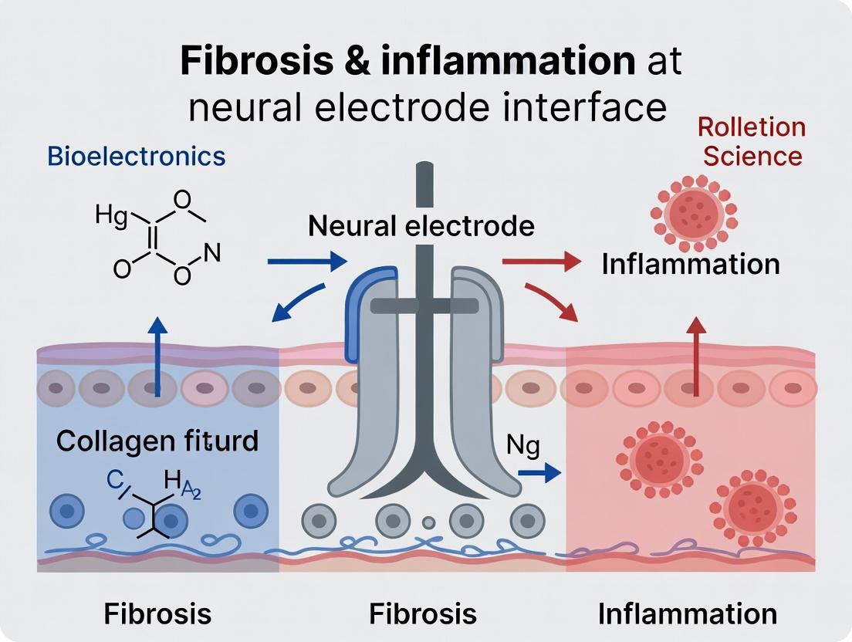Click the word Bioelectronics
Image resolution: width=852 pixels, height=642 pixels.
[x=136, y=156]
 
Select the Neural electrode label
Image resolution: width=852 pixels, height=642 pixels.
[x=421, y=226]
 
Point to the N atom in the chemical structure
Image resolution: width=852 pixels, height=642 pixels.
[x=212, y=252]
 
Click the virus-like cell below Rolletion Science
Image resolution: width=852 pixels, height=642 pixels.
[x=694, y=213]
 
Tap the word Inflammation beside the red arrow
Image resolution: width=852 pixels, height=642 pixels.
[x=691, y=264]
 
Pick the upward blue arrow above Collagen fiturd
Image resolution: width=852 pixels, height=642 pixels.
[x=157, y=355]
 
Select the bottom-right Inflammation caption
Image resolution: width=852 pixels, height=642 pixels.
[x=688, y=613]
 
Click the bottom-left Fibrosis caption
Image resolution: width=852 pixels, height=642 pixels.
[x=157, y=613]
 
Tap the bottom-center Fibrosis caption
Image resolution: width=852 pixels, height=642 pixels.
[x=422, y=613]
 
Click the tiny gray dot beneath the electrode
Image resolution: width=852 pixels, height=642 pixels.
[x=428, y=522]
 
